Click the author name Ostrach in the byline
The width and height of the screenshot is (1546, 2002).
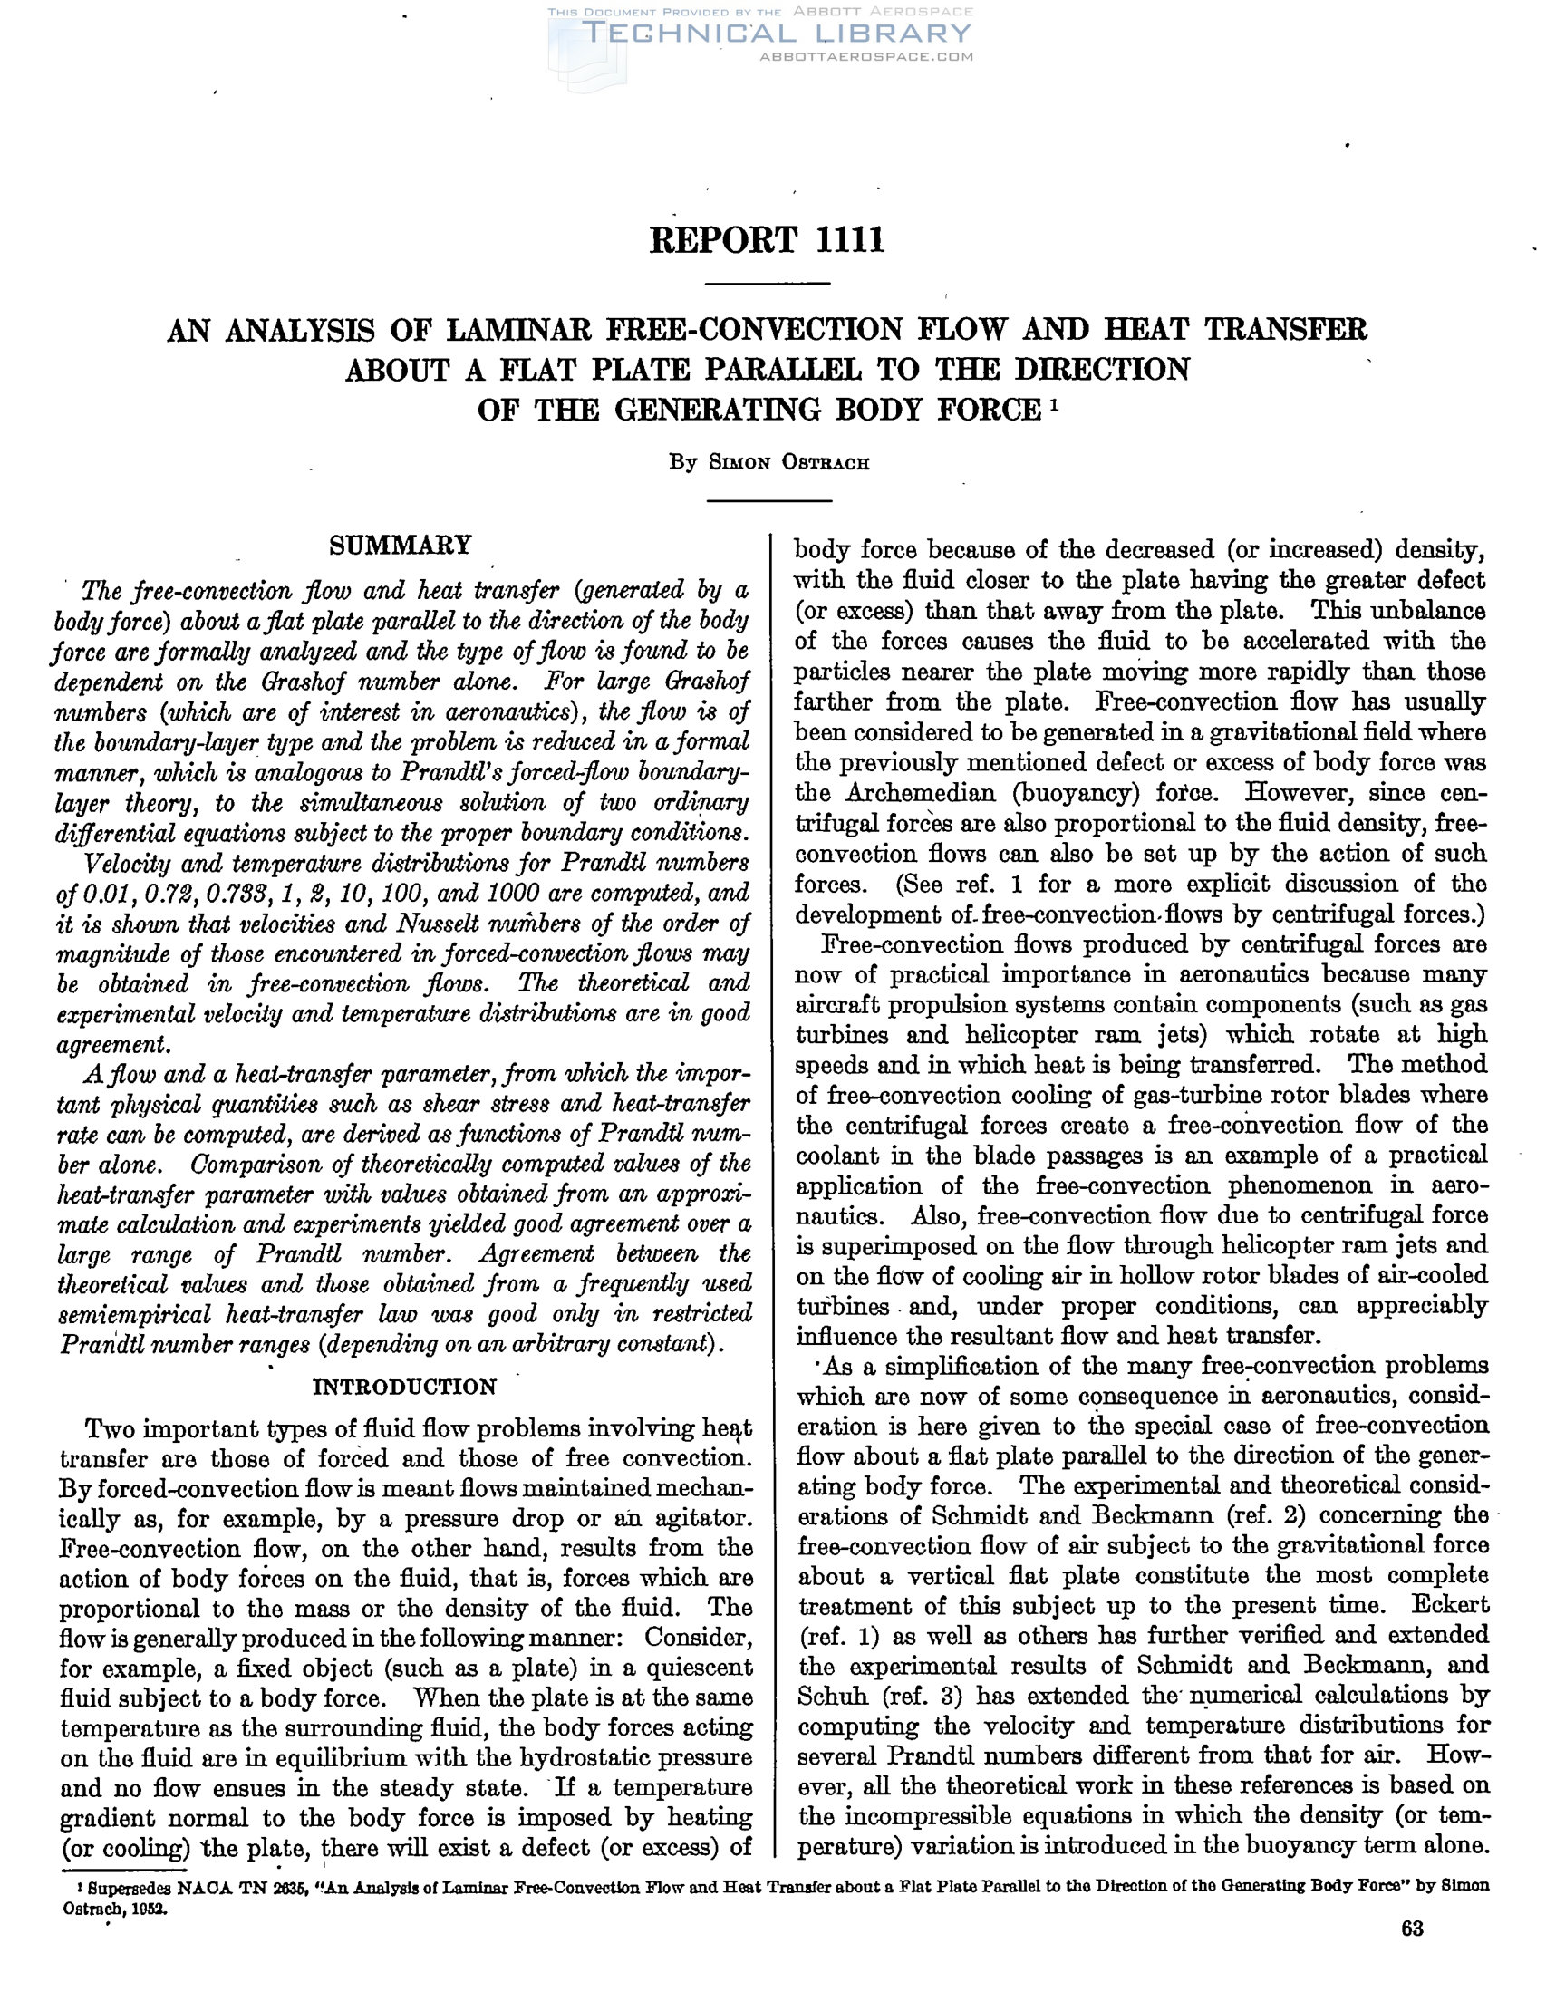825,463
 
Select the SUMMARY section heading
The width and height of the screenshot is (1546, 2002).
400,546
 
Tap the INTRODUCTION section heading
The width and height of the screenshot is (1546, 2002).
404,1386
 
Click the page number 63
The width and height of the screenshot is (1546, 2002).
1412,1929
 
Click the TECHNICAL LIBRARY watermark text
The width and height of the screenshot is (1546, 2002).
776,34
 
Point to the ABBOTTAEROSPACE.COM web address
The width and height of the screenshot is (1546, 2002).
866,57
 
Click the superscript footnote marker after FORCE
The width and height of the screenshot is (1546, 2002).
1055,401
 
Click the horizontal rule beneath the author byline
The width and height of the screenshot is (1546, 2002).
768,500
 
